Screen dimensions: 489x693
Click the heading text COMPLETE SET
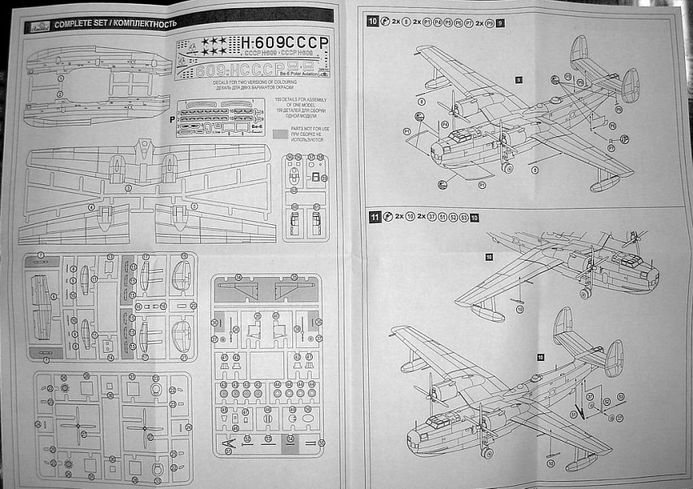click(x=81, y=23)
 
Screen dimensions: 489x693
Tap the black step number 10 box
click(x=373, y=21)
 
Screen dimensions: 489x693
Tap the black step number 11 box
click(x=375, y=217)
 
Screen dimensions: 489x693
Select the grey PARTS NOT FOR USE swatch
click(x=282, y=130)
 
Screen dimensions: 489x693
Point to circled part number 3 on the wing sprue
click(x=128, y=188)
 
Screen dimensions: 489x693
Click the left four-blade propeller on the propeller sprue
click(x=79, y=428)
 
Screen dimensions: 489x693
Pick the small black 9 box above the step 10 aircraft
click(x=519, y=79)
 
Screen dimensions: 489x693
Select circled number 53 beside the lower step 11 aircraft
click(x=621, y=397)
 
